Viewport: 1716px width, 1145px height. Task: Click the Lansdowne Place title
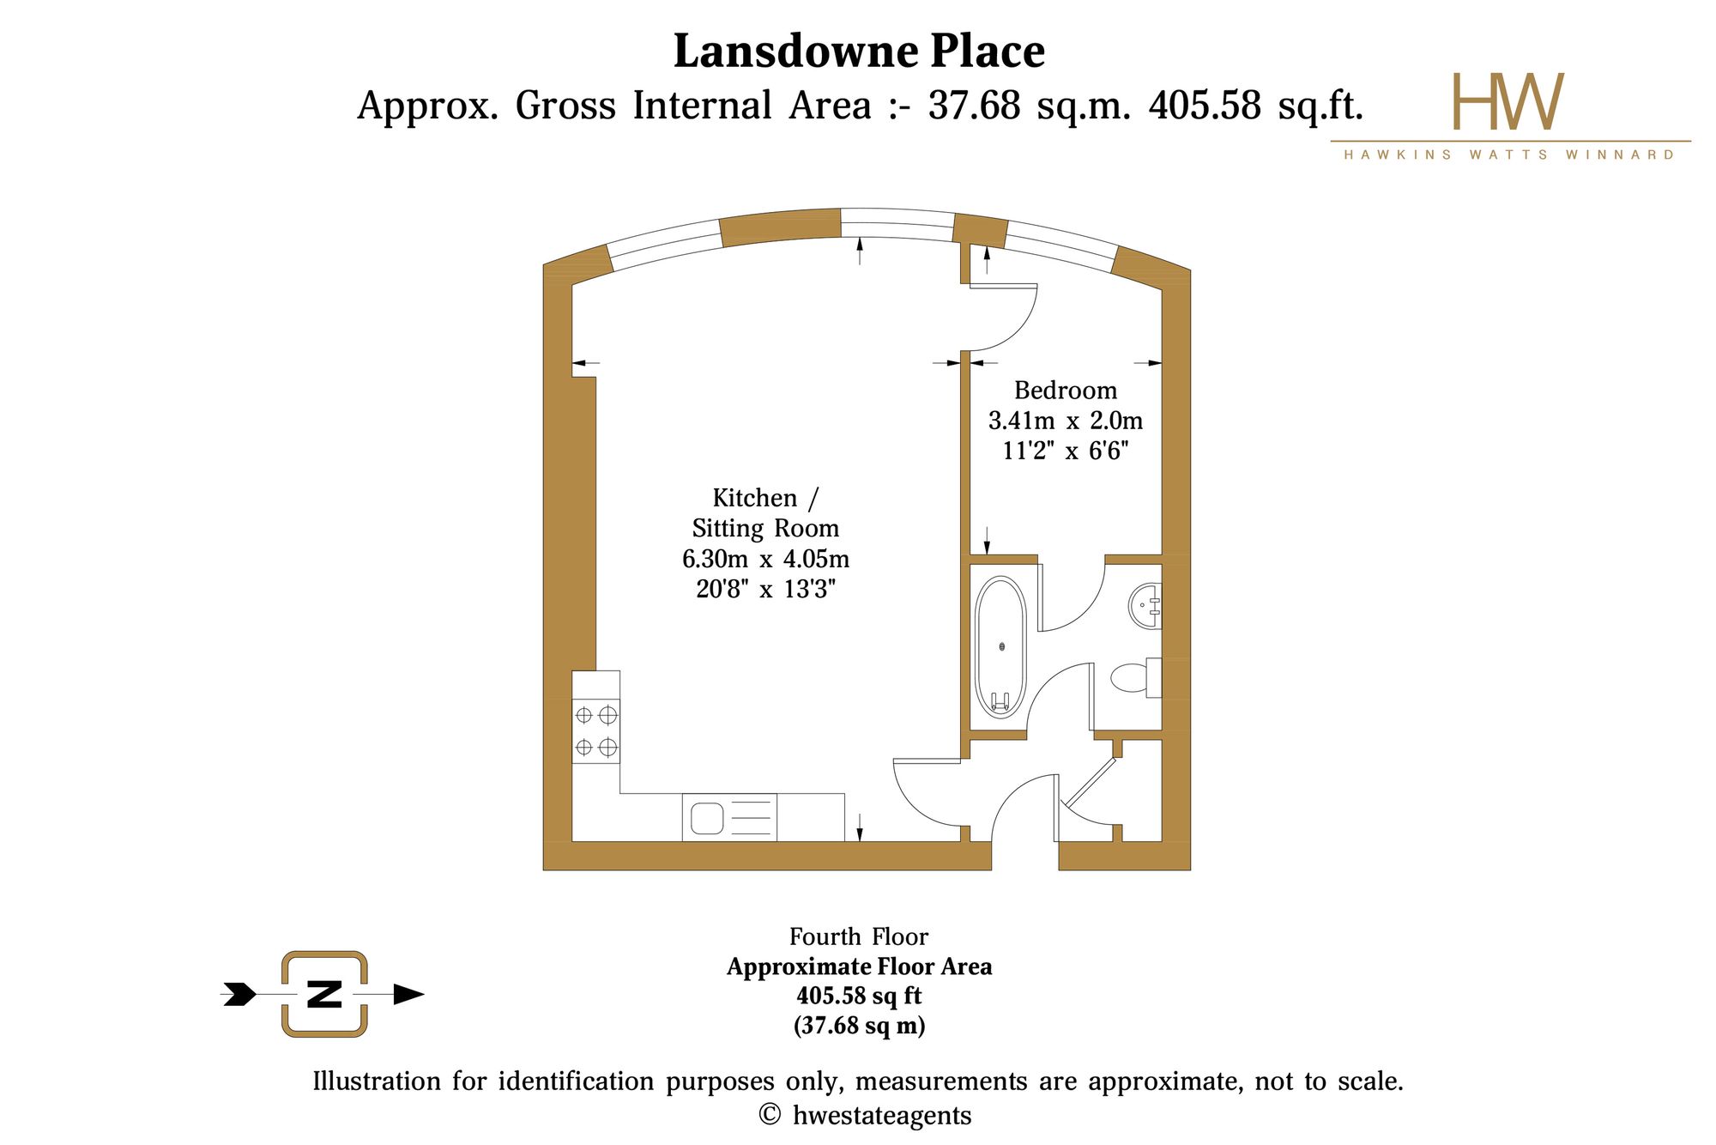(859, 51)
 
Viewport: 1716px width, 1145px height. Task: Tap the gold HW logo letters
(1508, 101)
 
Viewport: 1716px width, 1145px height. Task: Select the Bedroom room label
(1066, 391)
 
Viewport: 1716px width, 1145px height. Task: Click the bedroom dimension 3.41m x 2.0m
(1066, 421)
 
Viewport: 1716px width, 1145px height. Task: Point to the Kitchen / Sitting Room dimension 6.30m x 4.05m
(765, 559)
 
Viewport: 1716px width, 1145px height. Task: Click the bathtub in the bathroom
(1000, 647)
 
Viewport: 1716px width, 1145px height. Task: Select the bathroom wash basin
(1145, 605)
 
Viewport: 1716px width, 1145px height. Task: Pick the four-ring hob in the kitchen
(595, 730)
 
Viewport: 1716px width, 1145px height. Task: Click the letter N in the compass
(324, 994)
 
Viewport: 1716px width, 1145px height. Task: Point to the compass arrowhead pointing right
(408, 994)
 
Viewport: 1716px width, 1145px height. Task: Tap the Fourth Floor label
(859, 936)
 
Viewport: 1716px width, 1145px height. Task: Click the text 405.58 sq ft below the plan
(859, 996)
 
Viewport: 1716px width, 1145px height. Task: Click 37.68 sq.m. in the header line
(1028, 106)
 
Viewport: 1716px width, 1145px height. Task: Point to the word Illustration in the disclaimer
(376, 1081)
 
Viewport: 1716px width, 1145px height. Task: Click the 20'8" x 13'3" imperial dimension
(765, 590)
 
